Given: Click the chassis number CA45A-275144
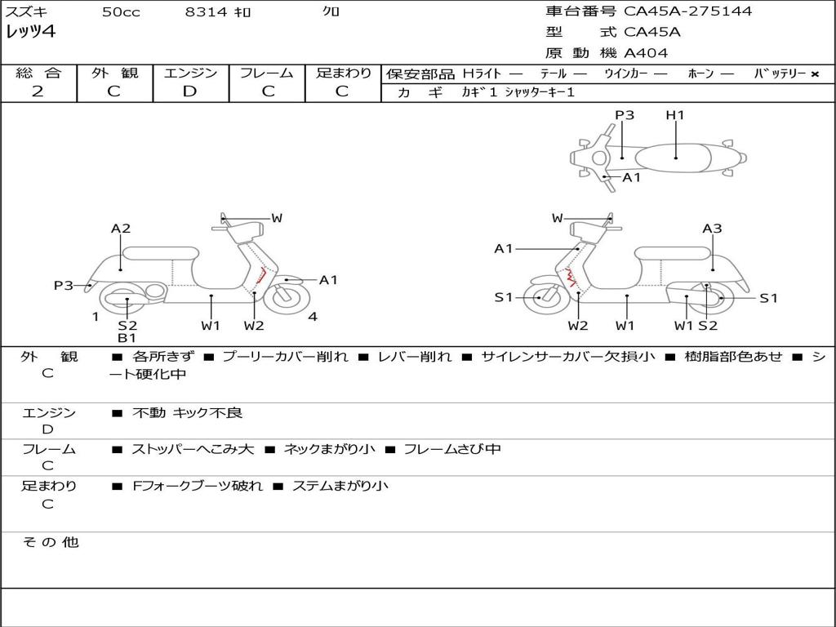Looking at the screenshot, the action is [687, 11].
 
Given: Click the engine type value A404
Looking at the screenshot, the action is [646, 53].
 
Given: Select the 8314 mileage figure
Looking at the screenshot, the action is [206, 12].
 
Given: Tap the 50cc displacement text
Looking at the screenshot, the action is [121, 12].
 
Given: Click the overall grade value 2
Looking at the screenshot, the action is [38, 91].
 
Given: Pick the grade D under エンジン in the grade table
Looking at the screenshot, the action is [189, 91].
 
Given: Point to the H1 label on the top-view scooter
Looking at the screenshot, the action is [674, 115].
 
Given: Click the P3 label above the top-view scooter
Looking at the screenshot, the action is [625, 115].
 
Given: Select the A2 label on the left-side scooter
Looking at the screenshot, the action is [121, 229].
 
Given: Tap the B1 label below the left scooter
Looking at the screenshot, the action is [127, 338].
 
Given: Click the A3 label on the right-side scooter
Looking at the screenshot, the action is [712, 229].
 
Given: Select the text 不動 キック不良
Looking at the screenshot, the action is [187, 413].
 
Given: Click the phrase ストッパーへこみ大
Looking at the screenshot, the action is [193, 449].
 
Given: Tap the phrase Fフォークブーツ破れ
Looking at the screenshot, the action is [198, 486].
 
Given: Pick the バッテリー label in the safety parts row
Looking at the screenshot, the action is [780, 73].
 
